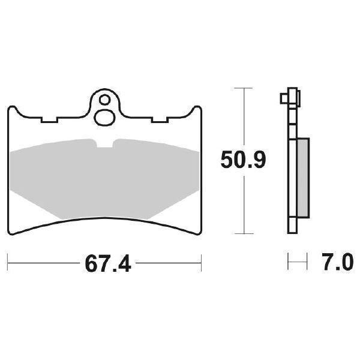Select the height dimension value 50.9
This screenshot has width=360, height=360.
(x=242, y=160)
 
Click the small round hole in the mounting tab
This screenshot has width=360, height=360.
(x=106, y=100)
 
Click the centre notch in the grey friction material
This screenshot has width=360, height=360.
(x=106, y=144)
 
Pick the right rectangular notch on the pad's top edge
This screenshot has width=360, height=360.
(x=160, y=121)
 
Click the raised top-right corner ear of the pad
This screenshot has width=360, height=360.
(x=196, y=110)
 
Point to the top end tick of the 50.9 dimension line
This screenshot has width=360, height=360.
(x=242, y=88)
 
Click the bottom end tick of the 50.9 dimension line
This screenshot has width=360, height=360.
(x=242, y=233)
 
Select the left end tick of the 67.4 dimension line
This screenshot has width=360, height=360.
(x=8, y=262)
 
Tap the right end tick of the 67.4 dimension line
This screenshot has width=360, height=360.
(x=201, y=262)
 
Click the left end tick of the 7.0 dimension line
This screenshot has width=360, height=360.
(x=289, y=262)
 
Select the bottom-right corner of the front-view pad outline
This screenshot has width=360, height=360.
(x=199, y=231)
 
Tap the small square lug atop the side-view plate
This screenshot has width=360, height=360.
(x=283, y=97)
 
